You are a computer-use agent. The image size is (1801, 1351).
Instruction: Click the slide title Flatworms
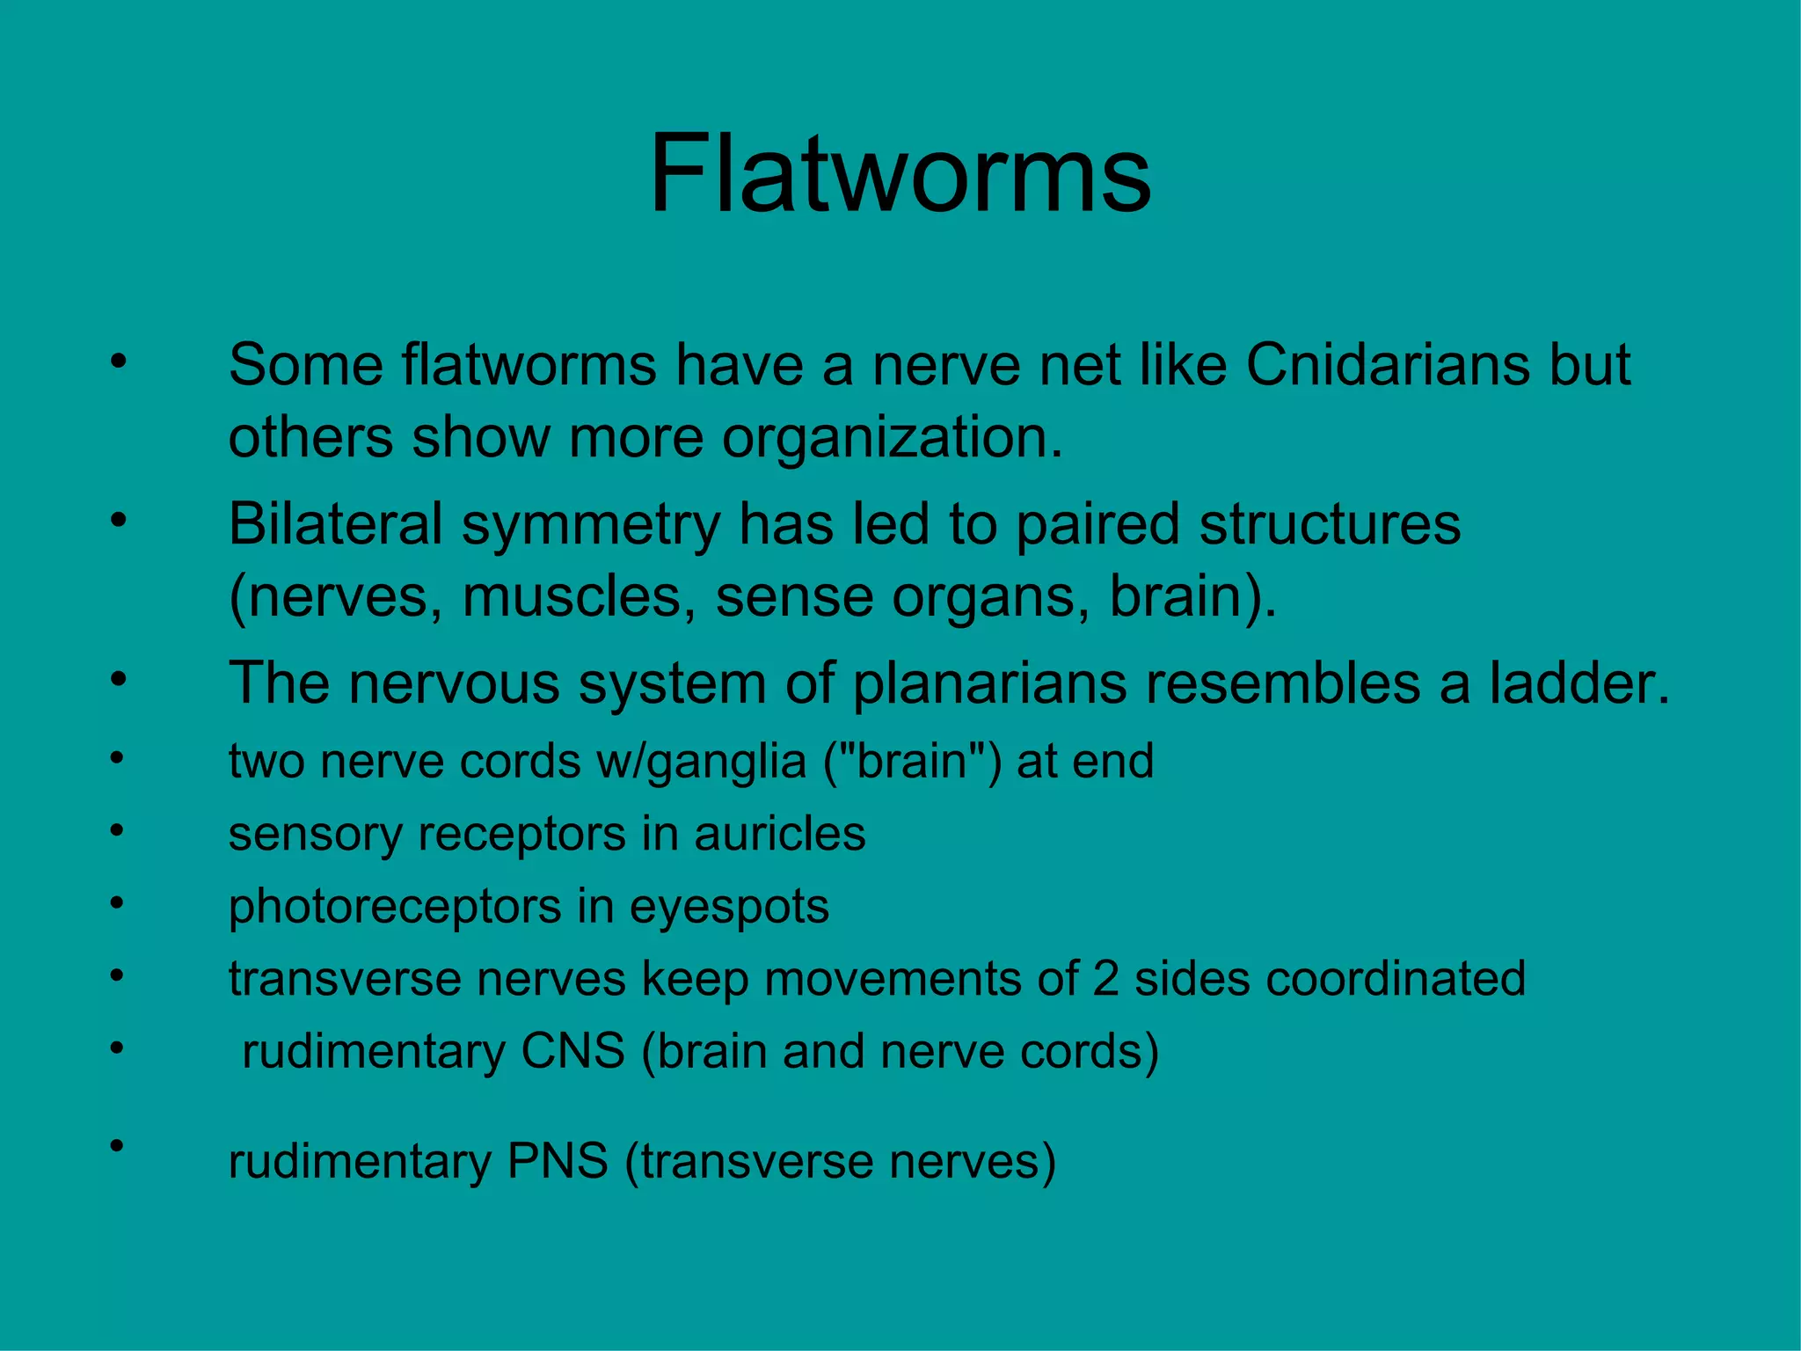(900, 173)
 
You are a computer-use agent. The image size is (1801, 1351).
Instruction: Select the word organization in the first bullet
(892, 438)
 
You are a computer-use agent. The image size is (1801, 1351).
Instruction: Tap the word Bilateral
(335, 524)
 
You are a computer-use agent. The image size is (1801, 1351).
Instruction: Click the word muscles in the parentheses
(572, 597)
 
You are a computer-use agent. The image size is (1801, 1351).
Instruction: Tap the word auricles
(779, 834)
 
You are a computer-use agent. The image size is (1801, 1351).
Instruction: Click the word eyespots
(729, 907)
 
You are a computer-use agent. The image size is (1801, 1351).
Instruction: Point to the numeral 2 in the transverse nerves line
(1105, 979)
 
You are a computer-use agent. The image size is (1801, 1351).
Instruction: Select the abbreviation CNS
(572, 1051)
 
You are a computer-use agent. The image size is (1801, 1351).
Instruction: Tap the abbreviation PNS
(558, 1161)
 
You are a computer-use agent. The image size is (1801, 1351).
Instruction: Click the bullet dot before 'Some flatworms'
(119, 361)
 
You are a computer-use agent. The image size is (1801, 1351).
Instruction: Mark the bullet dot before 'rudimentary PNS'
(116, 1145)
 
